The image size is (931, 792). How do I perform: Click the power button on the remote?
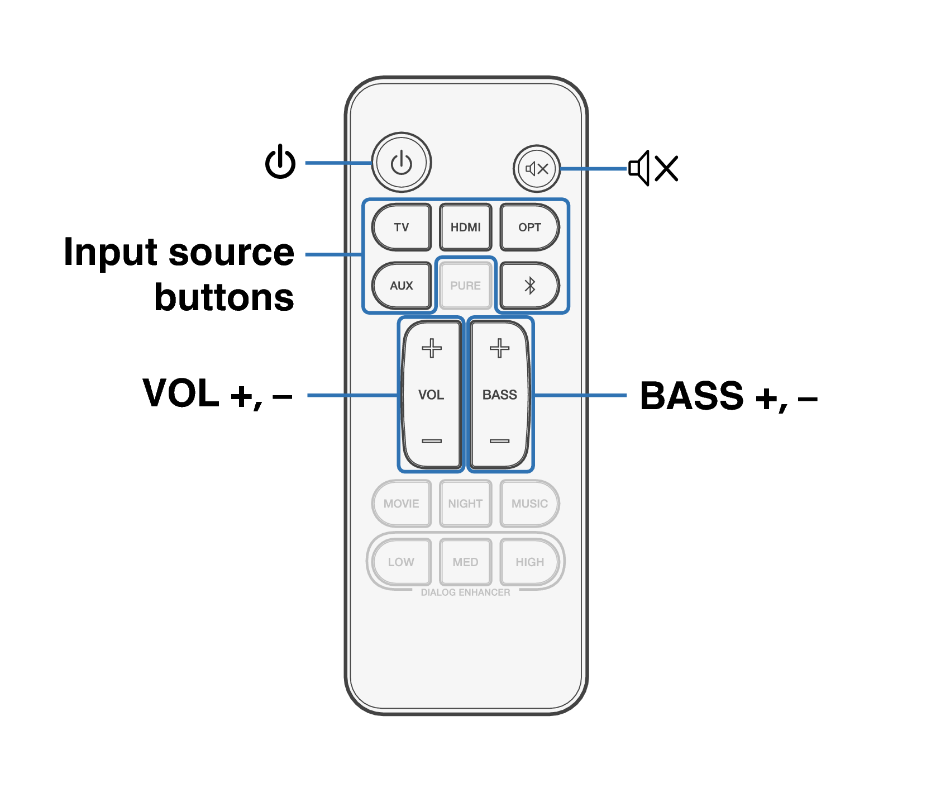[401, 163]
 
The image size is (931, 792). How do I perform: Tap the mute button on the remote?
[537, 168]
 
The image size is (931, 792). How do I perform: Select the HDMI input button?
[465, 227]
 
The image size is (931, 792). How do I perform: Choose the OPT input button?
[529, 227]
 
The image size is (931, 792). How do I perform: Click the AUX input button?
[402, 286]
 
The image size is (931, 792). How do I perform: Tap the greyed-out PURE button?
[465, 286]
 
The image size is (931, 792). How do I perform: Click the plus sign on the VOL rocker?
[431, 348]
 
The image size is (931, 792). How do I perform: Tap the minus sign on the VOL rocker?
[431, 441]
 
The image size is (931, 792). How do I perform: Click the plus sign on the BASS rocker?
[499, 348]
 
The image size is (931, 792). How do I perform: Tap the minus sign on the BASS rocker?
[499, 441]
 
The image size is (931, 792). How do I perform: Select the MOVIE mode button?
[402, 504]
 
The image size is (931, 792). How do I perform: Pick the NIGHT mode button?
[465, 504]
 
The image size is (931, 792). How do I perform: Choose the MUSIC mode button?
[529, 504]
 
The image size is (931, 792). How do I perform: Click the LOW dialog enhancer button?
[402, 562]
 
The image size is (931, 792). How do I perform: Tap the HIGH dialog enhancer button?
[529, 562]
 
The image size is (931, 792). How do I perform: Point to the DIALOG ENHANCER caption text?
[465, 592]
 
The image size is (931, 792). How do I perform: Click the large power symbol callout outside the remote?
[280, 162]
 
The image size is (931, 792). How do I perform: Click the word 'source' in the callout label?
[231, 253]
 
